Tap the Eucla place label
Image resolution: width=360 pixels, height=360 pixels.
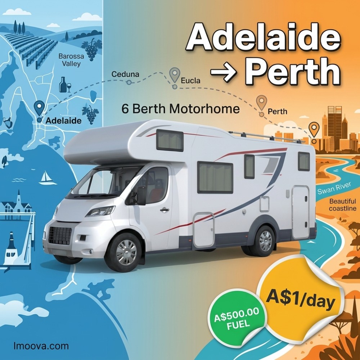pos(191,81)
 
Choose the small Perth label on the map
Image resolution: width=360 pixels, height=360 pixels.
pos(277,112)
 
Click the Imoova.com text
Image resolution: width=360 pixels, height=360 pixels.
pos(41,346)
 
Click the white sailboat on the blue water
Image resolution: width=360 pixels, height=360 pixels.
pos(47,178)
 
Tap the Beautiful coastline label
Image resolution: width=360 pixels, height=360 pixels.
pos(342,205)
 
